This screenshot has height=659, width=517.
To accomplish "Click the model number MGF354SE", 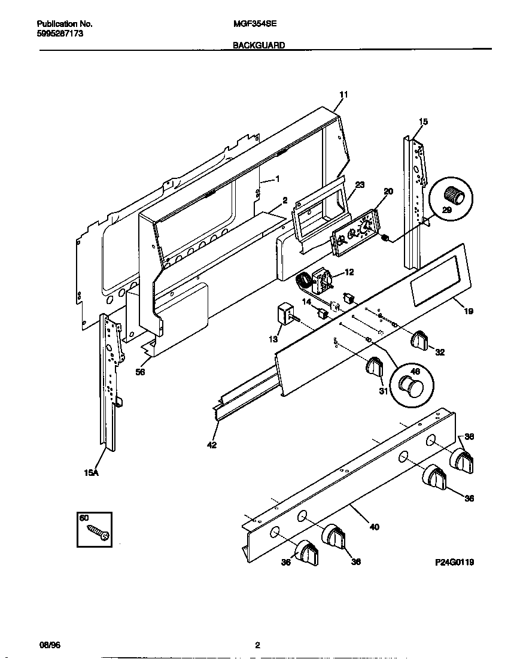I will coord(254,25).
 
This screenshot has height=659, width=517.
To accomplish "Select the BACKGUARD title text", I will coord(258,45).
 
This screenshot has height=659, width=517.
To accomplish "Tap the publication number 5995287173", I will coord(60,34).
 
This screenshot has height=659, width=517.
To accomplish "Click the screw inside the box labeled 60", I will coord(98,533).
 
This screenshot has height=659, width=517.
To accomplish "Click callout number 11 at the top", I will coord(343,95).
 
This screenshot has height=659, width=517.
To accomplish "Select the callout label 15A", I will coord(90,473).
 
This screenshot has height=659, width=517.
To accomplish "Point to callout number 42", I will coord(212,445).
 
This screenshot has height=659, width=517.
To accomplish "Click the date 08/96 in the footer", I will coord(50,645).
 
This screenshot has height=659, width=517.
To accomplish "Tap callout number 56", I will coord(140,372).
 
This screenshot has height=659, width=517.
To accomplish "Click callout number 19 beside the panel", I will coord(468,311).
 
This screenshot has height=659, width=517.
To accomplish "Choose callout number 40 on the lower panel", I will coord(374,527).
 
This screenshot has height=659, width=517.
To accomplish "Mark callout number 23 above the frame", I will coord(360,185).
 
